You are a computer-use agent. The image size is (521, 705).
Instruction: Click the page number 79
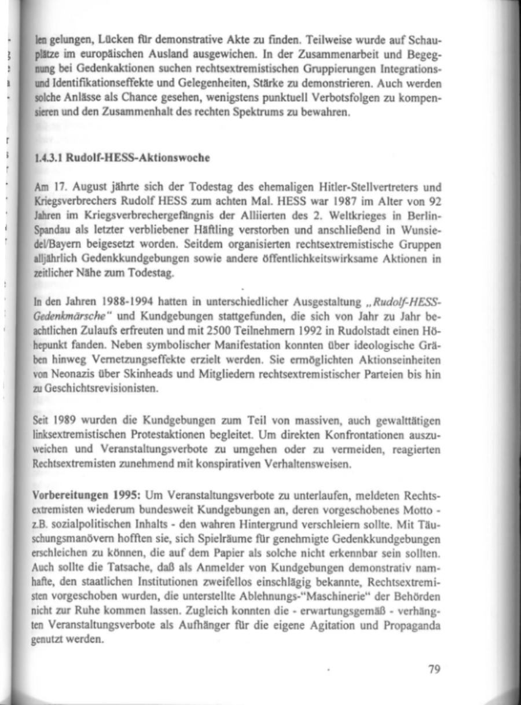[x=435, y=670]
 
